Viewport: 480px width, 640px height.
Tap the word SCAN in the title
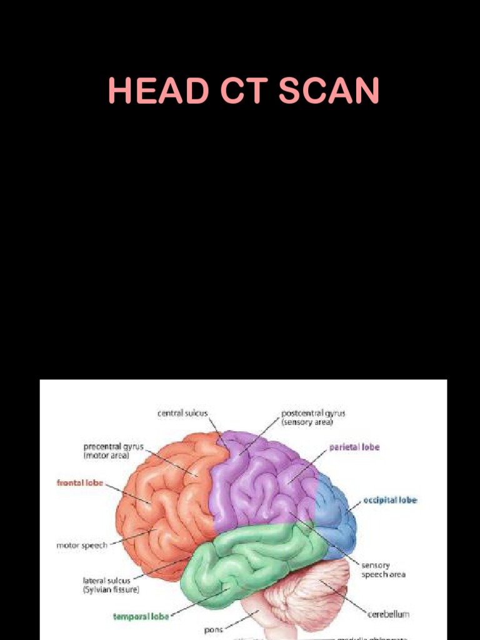(x=329, y=91)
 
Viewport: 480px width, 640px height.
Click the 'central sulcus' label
(x=182, y=413)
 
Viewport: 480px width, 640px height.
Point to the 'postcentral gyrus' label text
(x=313, y=413)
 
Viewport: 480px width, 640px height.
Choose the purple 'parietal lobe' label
(x=354, y=447)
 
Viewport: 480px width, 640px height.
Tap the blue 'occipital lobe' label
(x=390, y=500)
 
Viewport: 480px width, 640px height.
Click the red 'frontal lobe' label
(x=80, y=482)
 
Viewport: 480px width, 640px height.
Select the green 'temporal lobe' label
(x=141, y=616)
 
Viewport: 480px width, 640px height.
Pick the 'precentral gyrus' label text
(x=114, y=447)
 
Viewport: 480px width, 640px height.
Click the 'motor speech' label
(x=82, y=545)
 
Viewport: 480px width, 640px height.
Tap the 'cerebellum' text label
(x=389, y=614)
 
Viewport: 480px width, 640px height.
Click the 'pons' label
(x=213, y=629)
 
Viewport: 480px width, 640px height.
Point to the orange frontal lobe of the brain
(x=162, y=500)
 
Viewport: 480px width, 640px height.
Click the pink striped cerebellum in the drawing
(x=306, y=594)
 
